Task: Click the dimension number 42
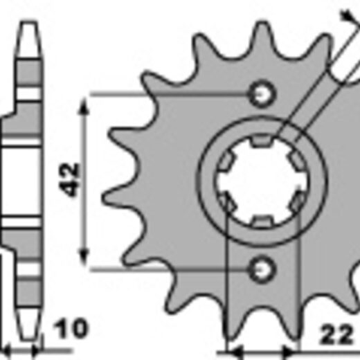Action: (69, 180)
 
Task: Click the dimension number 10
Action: (71, 328)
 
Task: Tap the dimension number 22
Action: (336, 334)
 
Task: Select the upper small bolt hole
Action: (262, 93)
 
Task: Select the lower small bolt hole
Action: (262, 269)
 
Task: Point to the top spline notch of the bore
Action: (262, 141)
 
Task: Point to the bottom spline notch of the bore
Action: (262, 222)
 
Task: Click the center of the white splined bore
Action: (262, 181)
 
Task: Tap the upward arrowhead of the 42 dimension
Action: (84, 106)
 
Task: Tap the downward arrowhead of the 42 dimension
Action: (84, 257)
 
